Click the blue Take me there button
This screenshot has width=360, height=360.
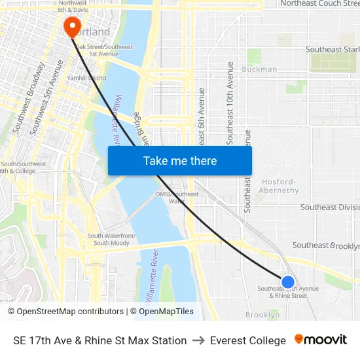[x=180, y=160]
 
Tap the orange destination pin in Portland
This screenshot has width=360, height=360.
[x=71, y=26]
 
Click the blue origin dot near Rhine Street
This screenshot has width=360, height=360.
[x=287, y=282]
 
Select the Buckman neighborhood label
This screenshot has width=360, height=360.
[x=259, y=69]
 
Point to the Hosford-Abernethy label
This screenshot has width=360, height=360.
[x=280, y=186]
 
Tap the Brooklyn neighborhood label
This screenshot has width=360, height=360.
[x=262, y=315]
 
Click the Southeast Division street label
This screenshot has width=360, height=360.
[x=330, y=207]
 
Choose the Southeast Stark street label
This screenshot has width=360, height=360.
[x=333, y=49]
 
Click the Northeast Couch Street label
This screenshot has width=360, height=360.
[x=319, y=4]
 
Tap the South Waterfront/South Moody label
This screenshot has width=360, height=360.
[x=111, y=240]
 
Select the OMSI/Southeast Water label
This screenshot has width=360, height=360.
[x=177, y=197]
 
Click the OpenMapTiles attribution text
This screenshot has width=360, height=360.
[x=165, y=312]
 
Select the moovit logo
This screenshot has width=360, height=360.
[x=321, y=339]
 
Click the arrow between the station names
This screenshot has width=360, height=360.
[x=198, y=340]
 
